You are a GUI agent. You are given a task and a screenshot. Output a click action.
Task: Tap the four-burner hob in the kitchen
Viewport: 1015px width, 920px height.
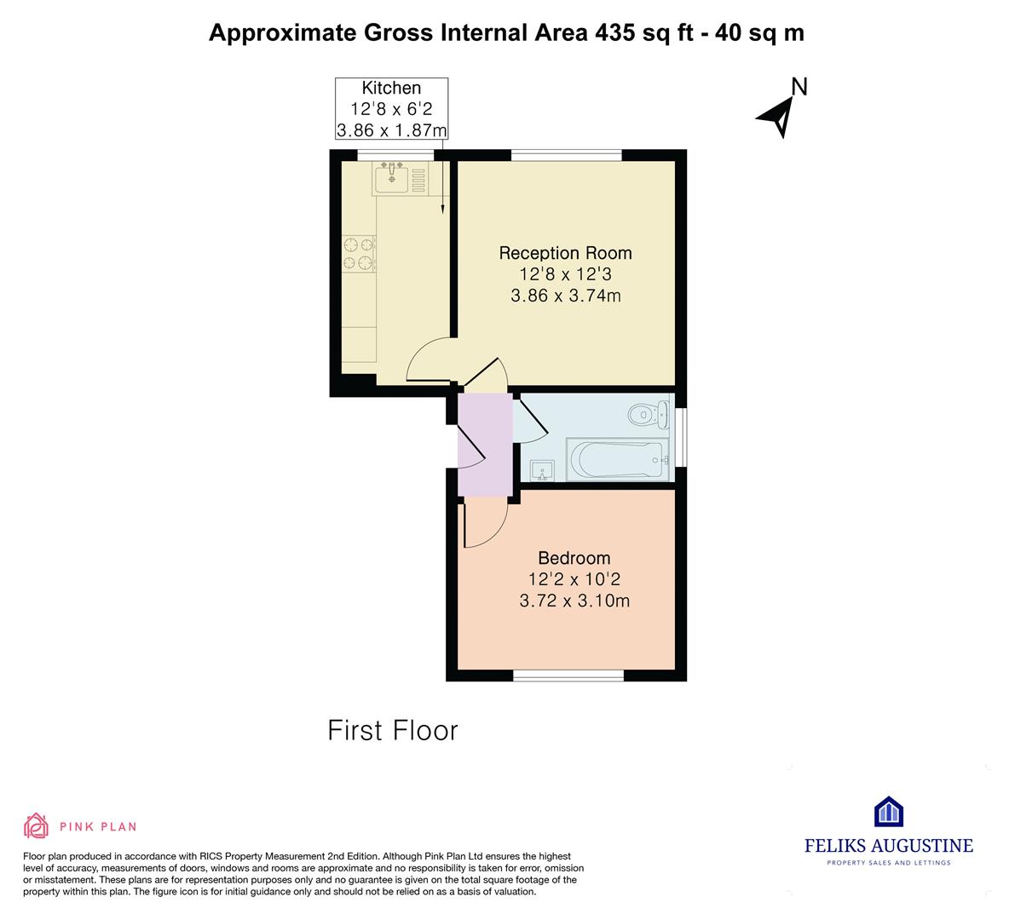pyautogui.click(x=359, y=253)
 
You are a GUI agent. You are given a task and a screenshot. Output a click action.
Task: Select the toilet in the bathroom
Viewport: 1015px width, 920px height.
pyautogui.click(x=649, y=414)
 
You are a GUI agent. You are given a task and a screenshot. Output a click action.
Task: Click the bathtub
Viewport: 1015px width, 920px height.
pyautogui.click(x=618, y=459)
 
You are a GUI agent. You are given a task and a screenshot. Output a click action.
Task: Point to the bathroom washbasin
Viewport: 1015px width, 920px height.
pyautogui.click(x=542, y=470)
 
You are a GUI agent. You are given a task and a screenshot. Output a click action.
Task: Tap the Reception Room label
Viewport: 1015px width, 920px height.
pyautogui.click(x=565, y=253)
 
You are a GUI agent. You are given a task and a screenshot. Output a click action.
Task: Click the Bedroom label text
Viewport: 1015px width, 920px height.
pyautogui.click(x=574, y=558)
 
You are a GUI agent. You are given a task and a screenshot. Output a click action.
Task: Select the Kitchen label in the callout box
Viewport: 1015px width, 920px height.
pyautogui.click(x=391, y=88)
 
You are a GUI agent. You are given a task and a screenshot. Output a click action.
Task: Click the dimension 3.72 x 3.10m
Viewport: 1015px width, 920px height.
pyautogui.click(x=574, y=601)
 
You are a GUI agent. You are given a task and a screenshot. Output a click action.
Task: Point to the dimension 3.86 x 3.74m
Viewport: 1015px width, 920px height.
pyautogui.click(x=566, y=296)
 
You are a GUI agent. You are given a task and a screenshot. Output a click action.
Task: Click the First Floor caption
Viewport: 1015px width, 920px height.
pyautogui.click(x=393, y=730)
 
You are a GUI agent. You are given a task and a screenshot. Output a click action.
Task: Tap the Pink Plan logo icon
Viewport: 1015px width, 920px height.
pyautogui.click(x=37, y=825)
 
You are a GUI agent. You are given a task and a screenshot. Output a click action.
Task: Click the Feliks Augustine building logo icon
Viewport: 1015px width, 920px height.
pyautogui.click(x=889, y=811)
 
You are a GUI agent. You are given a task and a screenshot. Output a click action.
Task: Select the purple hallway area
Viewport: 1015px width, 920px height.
pyautogui.click(x=485, y=445)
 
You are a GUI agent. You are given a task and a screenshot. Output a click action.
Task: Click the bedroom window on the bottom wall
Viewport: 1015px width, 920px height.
pyautogui.click(x=568, y=676)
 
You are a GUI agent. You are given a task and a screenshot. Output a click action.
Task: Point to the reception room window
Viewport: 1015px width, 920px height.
pyautogui.click(x=567, y=155)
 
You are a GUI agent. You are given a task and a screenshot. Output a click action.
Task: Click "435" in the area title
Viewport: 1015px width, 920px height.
pyautogui.click(x=615, y=32)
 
